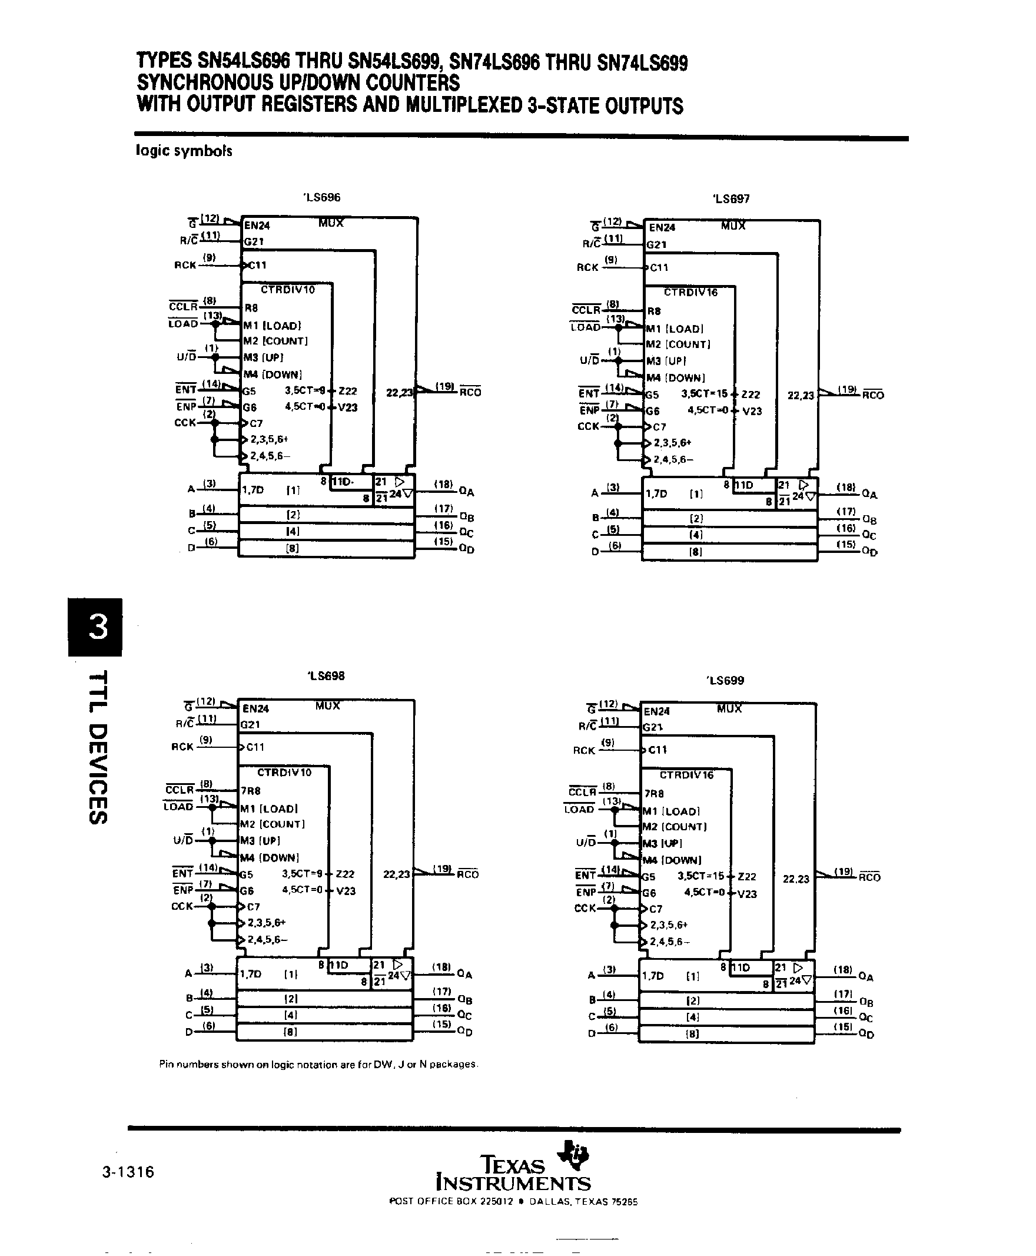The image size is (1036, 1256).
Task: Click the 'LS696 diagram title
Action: pyautogui.click(x=322, y=198)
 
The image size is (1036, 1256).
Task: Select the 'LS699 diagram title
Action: pyautogui.click(x=726, y=681)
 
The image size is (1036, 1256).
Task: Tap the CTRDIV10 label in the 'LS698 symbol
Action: pyautogui.click(x=284, y=773)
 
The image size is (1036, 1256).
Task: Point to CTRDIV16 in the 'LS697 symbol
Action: pyautogui.click(x=690, y=293)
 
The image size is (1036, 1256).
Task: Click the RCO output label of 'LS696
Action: pyautogui.click(x=470, y=392)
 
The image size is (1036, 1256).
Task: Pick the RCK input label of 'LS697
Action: pyautogui.click(x=587, y=267)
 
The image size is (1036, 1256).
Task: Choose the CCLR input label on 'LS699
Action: pyautogui.click(x=582, y=792)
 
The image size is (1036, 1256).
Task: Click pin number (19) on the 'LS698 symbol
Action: pyautogui.click(x=441, y=869)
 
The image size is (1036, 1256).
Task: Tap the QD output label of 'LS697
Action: pyautogui.click(x=869, y=552)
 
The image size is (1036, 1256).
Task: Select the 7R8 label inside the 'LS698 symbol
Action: pyautogui.click(x=251, y=791)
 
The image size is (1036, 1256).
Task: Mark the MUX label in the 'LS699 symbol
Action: pyautogui.click(x=729, y=708)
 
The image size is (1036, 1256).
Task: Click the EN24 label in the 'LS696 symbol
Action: pyautogui.click(x=257, y=226)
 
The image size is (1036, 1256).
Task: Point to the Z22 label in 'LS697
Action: pyautogui.click(x=751, y=395)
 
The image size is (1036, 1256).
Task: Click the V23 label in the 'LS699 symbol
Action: pyautogui.click(x=746, y=894)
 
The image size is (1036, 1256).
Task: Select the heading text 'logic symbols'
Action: pyautogui.click(x=184, y=150)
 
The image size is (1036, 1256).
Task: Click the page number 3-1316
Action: pyautogui.click(x=128, y=1172)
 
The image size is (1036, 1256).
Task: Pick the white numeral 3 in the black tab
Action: pyautogui.click(x=97, y=627)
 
